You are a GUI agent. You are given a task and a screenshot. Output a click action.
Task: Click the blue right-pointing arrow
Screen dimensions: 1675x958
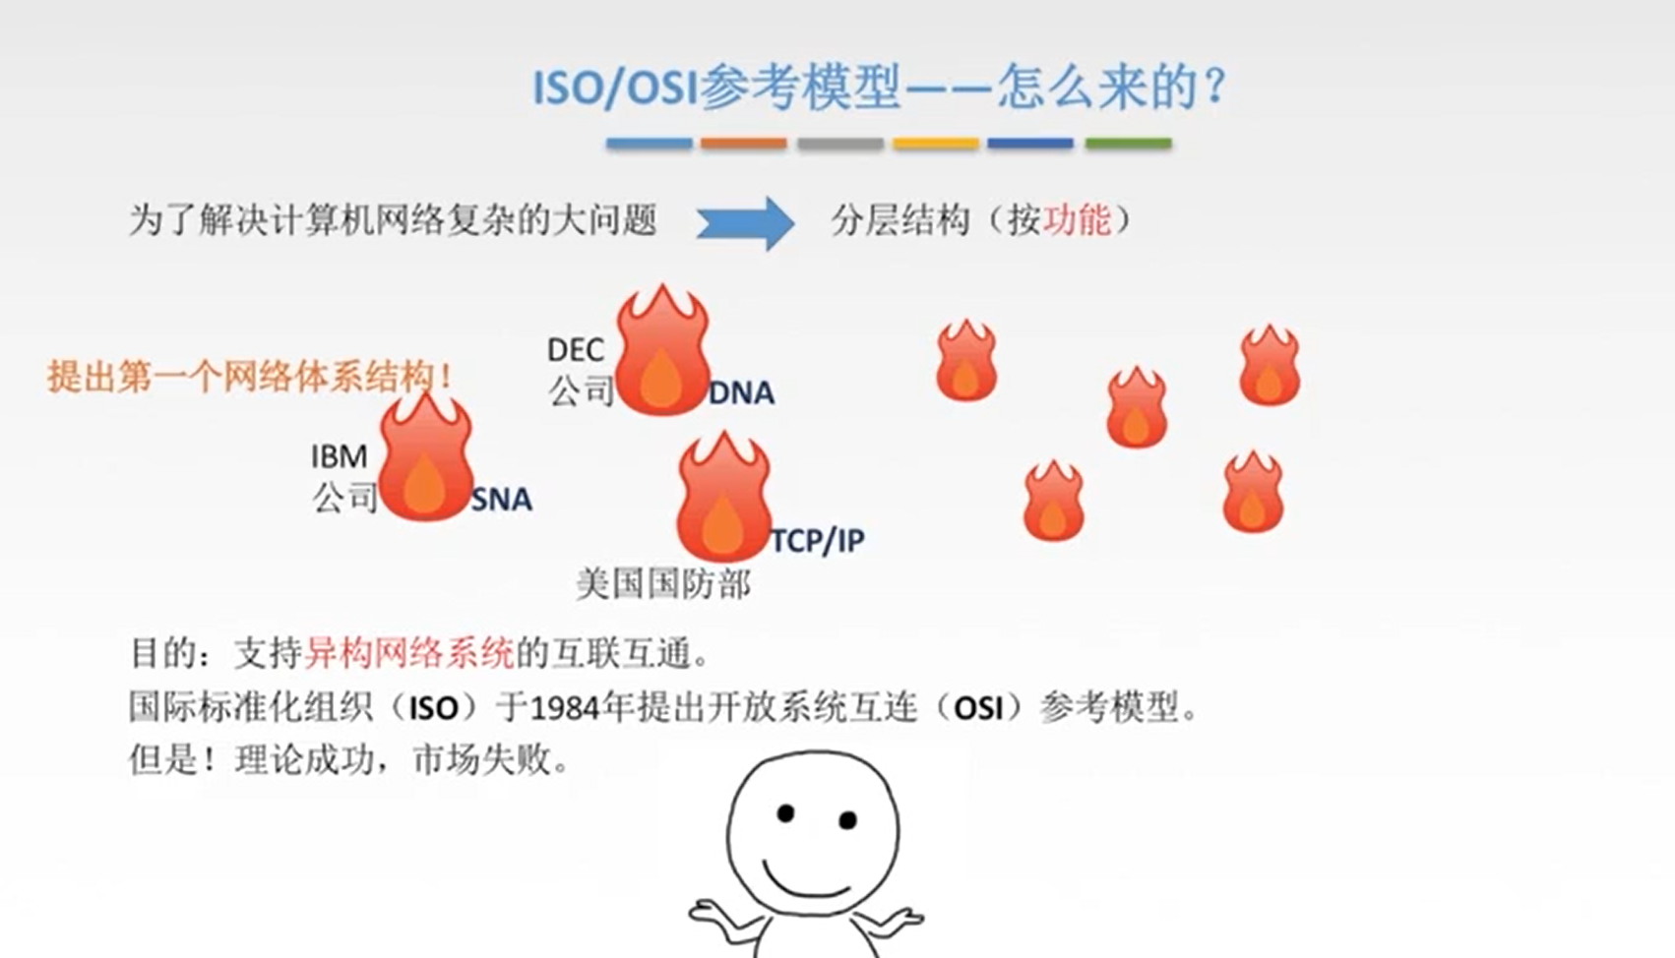(745, 222)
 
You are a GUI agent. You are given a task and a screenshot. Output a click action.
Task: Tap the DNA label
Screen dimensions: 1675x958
(742, 393)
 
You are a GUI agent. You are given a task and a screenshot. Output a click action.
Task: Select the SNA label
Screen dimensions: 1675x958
(502, 500)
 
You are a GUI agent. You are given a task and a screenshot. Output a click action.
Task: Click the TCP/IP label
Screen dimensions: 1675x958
(818, 541)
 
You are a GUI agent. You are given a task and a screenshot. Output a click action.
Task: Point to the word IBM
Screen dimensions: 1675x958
(339, 456)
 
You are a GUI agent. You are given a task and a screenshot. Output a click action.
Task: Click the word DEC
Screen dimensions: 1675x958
(576, 350)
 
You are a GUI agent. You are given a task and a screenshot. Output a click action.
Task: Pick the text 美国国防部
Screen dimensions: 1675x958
(663, 584)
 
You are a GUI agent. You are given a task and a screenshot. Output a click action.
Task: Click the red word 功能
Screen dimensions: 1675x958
(1077, 220)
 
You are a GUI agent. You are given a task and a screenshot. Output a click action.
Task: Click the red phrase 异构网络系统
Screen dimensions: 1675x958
(409, 652)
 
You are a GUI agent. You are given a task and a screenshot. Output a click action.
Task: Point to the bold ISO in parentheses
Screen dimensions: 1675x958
(434, 708)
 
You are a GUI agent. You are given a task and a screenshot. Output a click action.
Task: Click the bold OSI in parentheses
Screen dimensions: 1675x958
(978, 708)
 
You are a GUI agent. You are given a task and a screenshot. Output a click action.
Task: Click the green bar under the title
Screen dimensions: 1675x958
(1128, 144)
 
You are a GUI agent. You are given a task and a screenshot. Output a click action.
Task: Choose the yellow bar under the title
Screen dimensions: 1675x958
(935, 144)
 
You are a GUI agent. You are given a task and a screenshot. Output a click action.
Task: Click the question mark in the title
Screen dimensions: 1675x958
(1216, 87)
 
